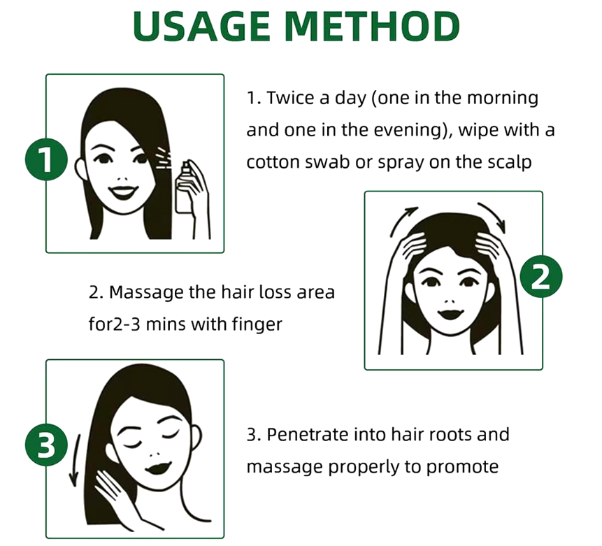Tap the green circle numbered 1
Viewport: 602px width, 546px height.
(46, 161)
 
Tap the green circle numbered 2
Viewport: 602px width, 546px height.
(541, 279)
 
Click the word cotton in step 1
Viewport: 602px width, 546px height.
(273, 161)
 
